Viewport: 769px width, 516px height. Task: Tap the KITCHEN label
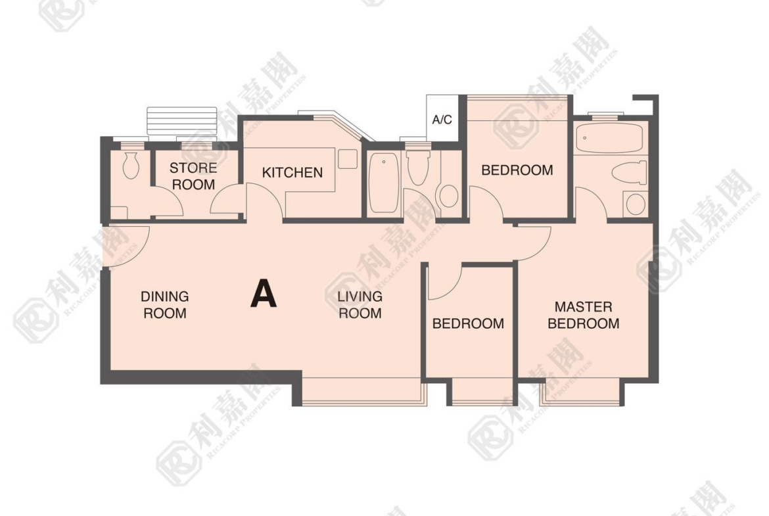[x=292, y=173]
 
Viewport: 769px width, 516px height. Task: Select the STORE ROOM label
[x=193, y=176]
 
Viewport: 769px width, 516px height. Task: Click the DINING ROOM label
[x=165, y=304]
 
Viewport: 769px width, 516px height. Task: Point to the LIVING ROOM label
[x=360, y=304]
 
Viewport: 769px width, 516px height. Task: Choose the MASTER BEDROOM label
[x=584, y=315]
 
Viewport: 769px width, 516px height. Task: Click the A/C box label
[x=442, y=119]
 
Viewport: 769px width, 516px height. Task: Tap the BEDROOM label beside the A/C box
[x=517, y=170]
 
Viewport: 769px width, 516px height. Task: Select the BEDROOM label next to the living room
[x=468, y=323]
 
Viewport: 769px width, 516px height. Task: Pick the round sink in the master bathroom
[x=636, y=204]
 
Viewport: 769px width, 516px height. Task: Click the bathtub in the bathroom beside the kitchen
[x=384, y=183]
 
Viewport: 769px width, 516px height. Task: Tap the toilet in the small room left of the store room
[x=131, y=165]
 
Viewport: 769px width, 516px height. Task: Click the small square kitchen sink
[x=347, y=159]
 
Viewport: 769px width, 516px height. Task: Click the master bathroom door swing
[x=592, y=202]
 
